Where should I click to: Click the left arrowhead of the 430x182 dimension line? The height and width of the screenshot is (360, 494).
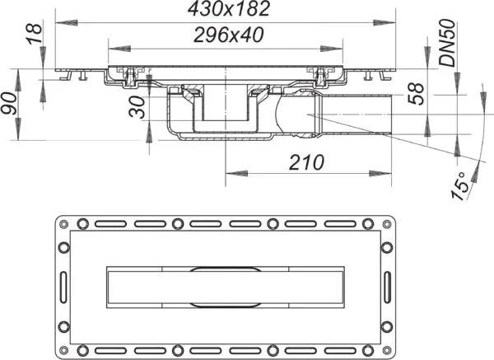[x=59, y=24]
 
